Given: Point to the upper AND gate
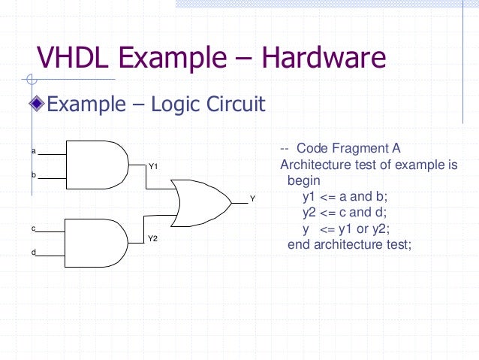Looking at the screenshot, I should (x=98, y=163).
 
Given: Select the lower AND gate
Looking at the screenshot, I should (x=98, y=241).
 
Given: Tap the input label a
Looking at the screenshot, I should (x=33, y=151).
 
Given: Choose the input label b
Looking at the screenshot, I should (x=33, y=175).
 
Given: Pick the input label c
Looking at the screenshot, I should (x=33, y=228).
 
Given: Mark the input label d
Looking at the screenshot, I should (x=33, y=252).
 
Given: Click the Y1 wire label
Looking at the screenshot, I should (x=152, y=165).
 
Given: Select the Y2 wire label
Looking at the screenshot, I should (x=152, y=238).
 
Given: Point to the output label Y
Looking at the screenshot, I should (x=252, y=199).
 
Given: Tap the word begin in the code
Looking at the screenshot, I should (x=304, y=181).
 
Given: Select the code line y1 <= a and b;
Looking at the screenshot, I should (x=346, y=197).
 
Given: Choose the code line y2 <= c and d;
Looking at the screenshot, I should (x=346, y=213).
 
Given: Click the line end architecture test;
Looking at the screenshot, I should (x=350, y=244).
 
